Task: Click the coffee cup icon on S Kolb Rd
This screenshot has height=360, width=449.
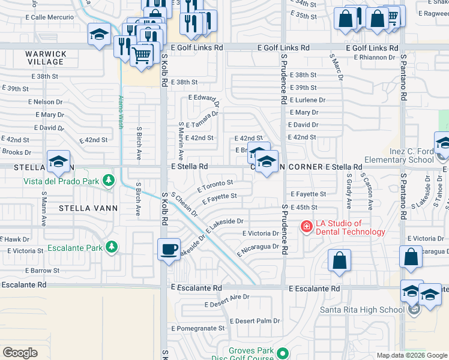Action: tap(169, 249)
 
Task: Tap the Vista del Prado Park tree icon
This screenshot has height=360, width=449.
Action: tap(108, 181)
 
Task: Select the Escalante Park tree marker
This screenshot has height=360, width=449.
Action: tap(111, 247)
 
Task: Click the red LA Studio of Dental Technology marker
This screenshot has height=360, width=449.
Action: tap(306, 226)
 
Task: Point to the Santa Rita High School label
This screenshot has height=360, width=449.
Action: tap(370, 310)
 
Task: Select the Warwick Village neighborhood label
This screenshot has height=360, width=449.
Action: tap(45, 58)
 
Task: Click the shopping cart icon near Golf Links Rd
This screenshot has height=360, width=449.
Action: tap(142, 56)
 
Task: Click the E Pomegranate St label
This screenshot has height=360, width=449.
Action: tap(197, 328)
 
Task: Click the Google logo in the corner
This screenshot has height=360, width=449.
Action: tap(20, 353)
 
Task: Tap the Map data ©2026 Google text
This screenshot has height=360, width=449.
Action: tap(411, 355)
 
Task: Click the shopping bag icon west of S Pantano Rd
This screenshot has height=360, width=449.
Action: tap(339, 260)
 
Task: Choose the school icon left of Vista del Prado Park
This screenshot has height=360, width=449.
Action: tap(58, 161)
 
